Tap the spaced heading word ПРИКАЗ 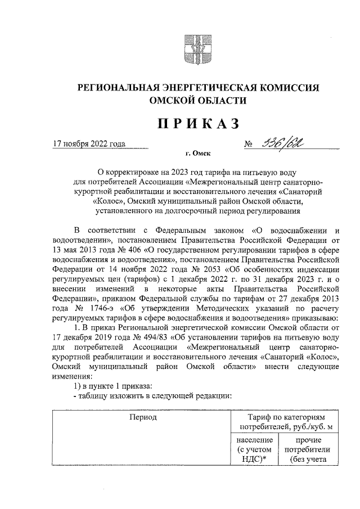point(196,123)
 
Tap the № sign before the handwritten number point(249,145)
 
